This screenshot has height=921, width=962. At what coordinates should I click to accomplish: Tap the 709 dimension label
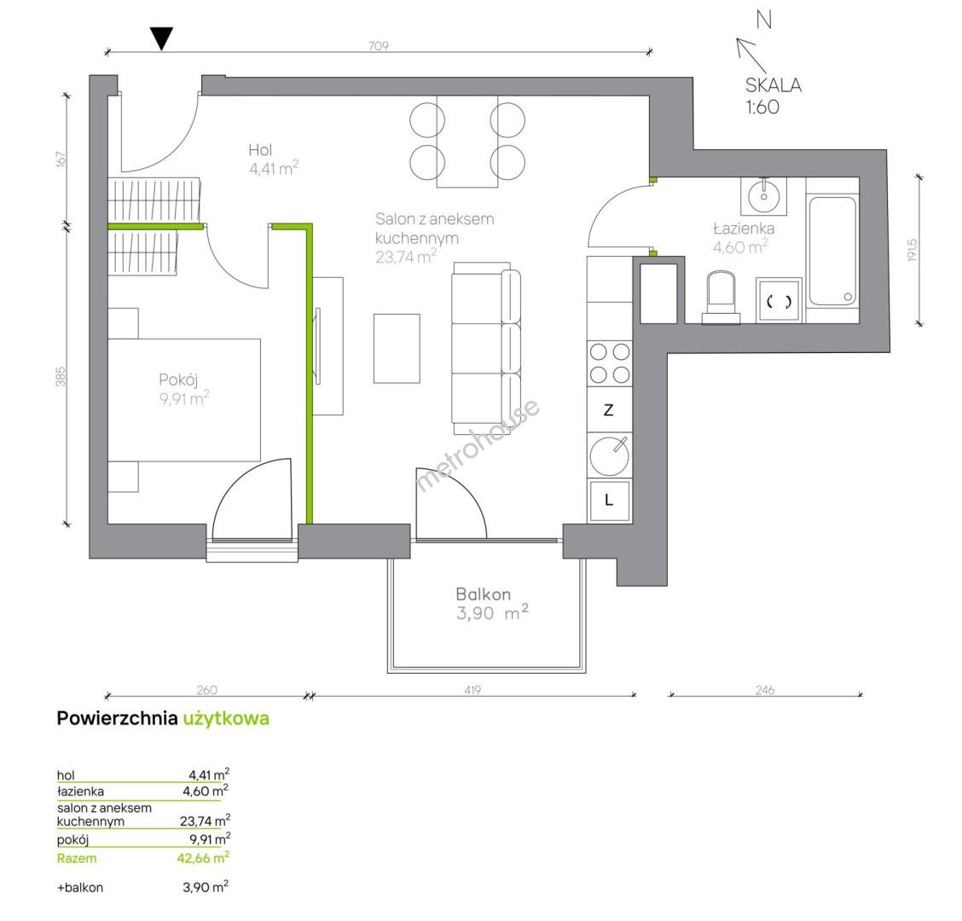379,46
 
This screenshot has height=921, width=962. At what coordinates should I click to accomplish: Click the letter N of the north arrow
764,20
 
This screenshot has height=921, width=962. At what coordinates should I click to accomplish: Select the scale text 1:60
762,107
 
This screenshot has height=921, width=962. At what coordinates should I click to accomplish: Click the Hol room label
260,150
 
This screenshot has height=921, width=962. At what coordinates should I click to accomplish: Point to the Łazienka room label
744,229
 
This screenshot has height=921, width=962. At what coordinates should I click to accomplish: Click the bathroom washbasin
764,196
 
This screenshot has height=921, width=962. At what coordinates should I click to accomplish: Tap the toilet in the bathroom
721,298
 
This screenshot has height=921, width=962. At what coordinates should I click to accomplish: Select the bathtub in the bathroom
832,251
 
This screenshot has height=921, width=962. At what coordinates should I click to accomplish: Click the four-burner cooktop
610,363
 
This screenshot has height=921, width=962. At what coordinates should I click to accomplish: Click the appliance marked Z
609,410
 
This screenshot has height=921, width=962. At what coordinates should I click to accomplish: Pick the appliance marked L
609,501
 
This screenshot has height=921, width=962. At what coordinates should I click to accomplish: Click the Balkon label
484,594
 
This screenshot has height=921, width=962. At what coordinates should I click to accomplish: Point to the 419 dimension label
472,690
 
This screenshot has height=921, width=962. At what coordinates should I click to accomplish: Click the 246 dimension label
765,690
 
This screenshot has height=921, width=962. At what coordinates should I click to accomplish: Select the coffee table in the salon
397,349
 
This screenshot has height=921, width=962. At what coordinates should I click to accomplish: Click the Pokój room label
178,379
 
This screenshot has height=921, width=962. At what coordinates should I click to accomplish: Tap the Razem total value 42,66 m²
204,857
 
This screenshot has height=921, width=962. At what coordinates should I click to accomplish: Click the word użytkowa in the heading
226,719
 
